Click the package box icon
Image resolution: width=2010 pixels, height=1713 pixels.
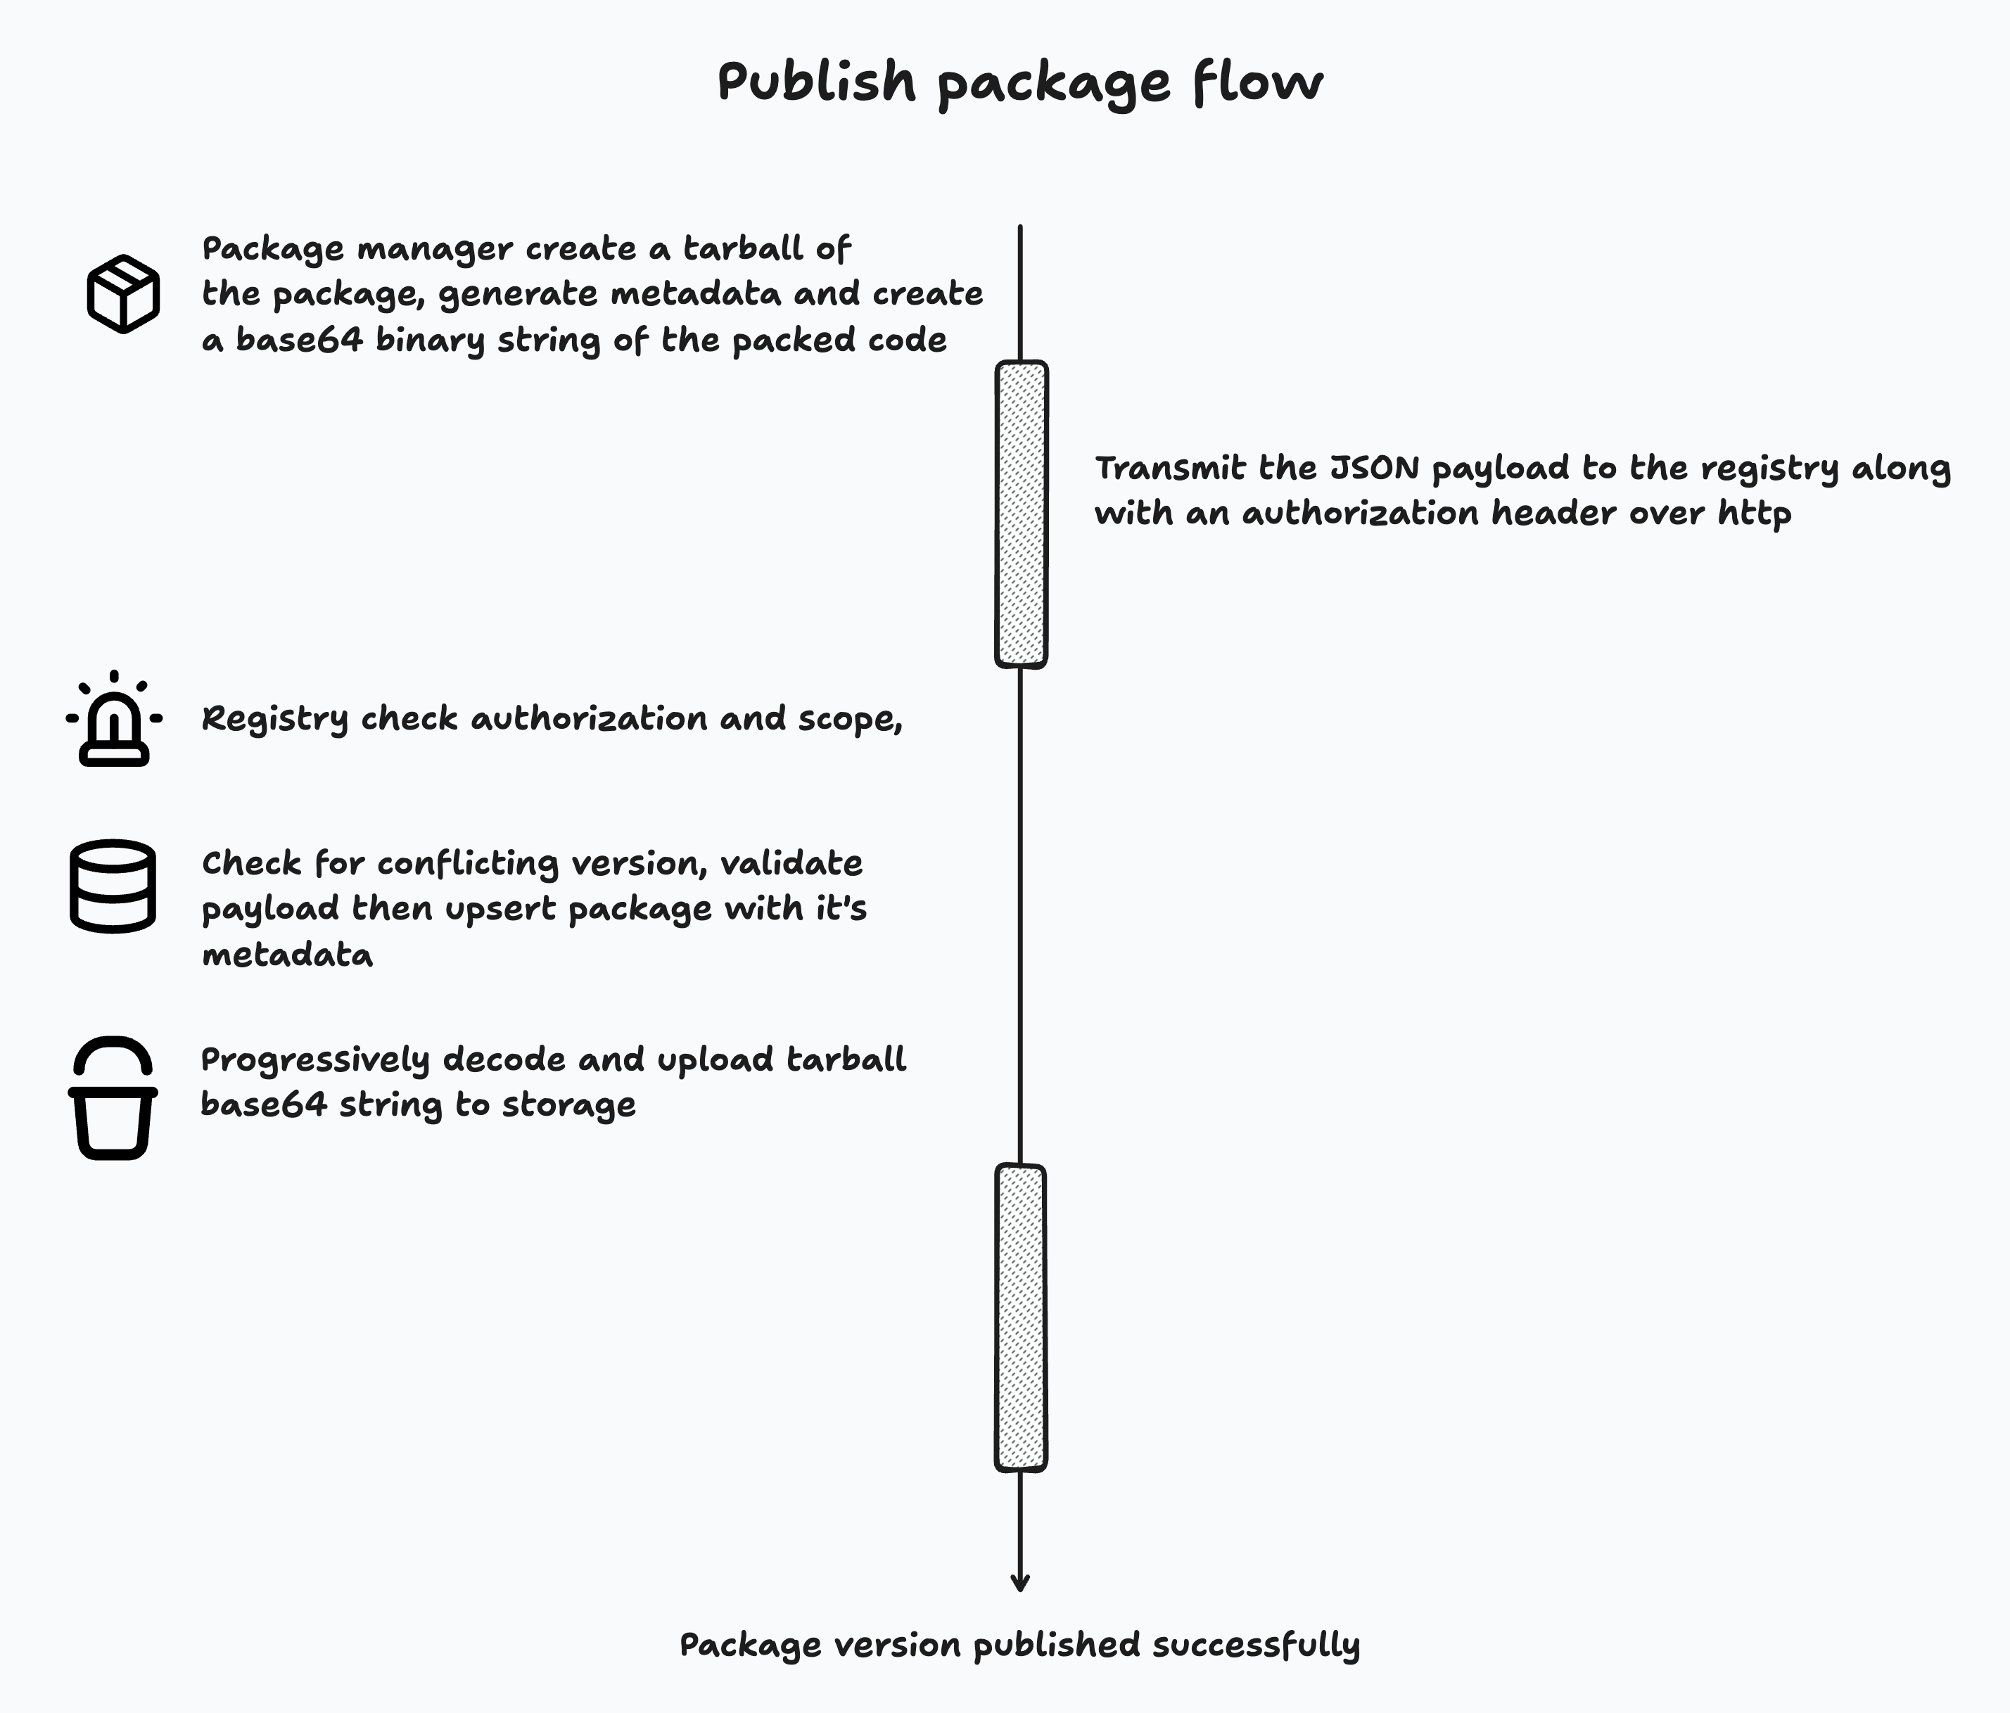(x=123, y=294)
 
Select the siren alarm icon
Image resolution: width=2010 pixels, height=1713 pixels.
(x=113, y=720)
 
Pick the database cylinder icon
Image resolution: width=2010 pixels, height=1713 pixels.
(x=113, y=886)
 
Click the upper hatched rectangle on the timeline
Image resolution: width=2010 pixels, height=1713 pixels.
(x=1022, y=514)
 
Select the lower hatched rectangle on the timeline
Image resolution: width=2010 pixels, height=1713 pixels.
(x=1021, y=1317)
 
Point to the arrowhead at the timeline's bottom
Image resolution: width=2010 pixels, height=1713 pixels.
(x=1019, y=1584)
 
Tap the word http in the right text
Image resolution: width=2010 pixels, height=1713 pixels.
(x=1754, y=513)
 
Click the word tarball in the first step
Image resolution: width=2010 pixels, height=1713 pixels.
(x=743, y=249)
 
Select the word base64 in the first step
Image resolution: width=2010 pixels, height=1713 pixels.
(x=299, y=340)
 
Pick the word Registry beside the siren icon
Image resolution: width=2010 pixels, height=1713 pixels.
(x=274, y=720)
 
